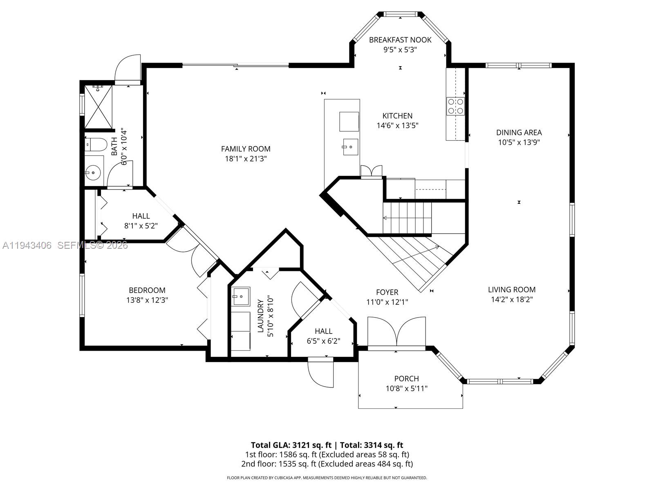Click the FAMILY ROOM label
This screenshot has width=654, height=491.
point(246,149)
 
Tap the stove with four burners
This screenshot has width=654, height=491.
point(455,106)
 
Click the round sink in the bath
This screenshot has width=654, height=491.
point(94,173)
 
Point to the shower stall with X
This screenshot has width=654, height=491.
point(98,106)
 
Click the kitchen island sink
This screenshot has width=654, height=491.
point(350,147)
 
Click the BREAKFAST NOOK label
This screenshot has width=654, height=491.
point(400,40)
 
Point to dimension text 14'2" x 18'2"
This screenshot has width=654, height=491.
point(512,300)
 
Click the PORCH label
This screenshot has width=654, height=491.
point(406,378)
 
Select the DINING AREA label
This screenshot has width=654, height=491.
point(519,132)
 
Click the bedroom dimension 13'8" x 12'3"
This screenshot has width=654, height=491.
point(147,300)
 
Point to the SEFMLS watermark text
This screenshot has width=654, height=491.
point(92,245)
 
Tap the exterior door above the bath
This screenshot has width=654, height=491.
point(128,70)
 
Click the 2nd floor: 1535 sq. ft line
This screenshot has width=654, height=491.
point(327,464)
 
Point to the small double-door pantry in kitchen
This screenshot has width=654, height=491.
point(371,171)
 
